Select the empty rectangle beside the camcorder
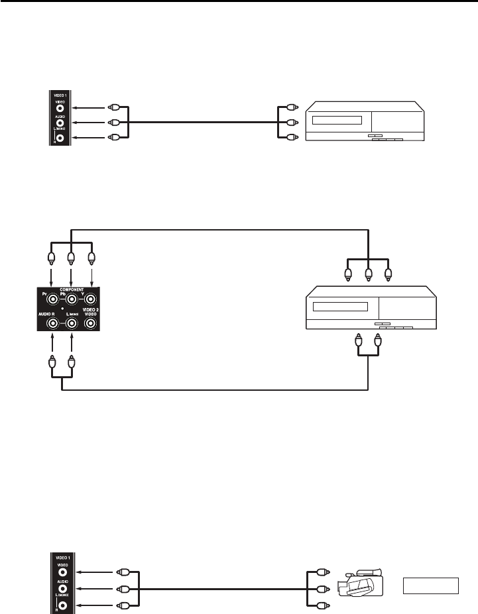[430, 586]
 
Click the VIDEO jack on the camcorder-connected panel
[61, 572]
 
